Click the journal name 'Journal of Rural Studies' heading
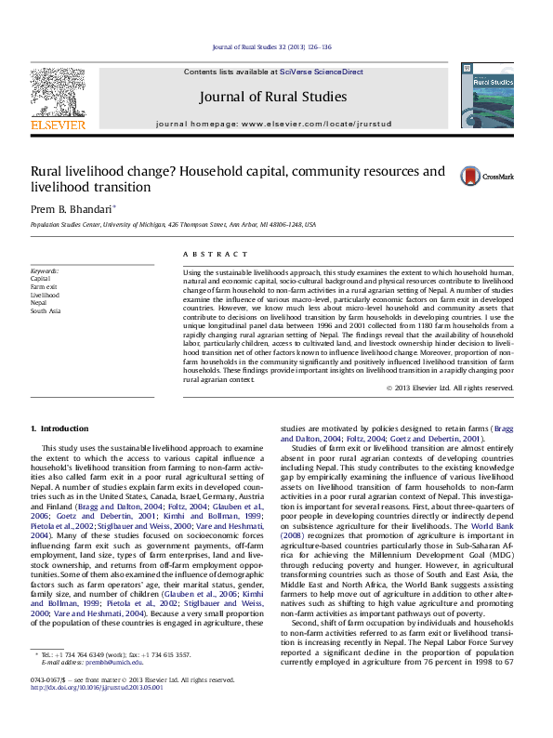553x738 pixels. (272, 97)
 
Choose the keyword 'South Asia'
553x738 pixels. (46, 311)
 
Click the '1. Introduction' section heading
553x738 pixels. (60, 428)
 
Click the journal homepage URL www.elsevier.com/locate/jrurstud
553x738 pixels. (308, 124)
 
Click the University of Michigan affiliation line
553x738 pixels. (173, 224)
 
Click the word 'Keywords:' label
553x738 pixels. (46, 270)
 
